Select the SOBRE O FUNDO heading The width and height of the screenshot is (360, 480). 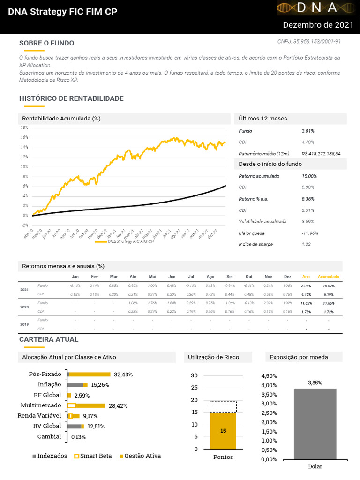46,43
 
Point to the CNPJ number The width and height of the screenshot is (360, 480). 309,42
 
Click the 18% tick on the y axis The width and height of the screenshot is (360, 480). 25,127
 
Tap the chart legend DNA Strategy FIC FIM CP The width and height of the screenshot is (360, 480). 131,242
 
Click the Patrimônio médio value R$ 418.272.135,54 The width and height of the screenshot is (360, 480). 321,153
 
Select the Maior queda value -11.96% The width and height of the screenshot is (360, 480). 310,233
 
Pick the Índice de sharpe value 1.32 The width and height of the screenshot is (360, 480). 307,244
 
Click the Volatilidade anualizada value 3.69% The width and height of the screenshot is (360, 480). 308,222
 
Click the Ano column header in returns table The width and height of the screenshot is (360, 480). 306,277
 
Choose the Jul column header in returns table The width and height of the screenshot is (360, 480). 191,277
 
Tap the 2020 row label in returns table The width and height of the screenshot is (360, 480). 24,307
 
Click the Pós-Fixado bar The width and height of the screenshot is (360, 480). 89,375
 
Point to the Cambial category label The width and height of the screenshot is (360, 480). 49,437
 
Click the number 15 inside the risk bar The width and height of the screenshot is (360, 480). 223,431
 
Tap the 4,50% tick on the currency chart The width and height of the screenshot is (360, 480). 269,376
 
